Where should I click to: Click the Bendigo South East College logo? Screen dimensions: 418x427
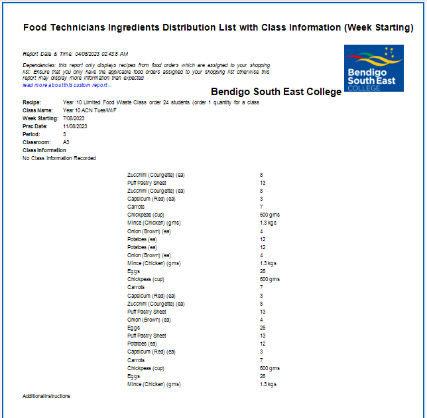point(373,68)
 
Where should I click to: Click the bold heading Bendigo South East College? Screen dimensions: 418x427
point(276,92)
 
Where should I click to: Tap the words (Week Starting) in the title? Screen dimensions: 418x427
point(375,28)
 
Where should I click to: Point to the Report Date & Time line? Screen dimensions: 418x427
point(75,53)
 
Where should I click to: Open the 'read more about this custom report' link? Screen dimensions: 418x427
point(67,85)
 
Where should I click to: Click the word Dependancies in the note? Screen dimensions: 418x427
point(38,64)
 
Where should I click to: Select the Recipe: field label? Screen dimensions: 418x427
point(32,102)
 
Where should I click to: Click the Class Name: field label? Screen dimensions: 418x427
point(37,110)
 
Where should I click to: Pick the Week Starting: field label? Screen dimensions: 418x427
point(40,118)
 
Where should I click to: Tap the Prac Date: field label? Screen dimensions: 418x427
point(35,126)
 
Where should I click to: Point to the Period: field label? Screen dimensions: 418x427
point(32,134)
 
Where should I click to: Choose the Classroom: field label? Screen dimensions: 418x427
point(36,142)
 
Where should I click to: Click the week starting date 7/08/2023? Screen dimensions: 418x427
point(74,118)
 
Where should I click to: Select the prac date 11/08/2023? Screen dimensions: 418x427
point(76,126)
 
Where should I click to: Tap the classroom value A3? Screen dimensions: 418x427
point(66,142)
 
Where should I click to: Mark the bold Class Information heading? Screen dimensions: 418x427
point(44,150)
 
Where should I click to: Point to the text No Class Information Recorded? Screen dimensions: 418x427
point(59,158)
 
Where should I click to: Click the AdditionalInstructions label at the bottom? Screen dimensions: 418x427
point(46,396)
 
